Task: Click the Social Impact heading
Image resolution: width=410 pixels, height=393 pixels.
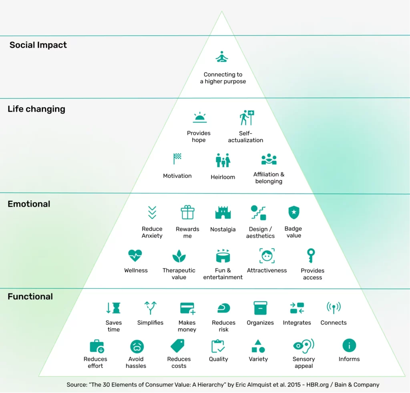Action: (38, 45)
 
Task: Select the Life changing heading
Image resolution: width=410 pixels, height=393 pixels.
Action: (36, 109)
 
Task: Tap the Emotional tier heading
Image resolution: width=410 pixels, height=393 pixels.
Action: (29, 204)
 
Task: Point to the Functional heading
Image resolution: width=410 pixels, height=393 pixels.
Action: (30, 297)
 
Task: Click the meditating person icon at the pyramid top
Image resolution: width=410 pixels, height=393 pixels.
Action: (222, 57)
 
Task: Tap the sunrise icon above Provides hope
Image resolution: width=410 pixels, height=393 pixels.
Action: (200, 117)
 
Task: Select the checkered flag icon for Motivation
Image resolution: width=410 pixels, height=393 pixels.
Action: (177, 158)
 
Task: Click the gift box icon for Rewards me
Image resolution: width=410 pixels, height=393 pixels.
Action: (187, 212)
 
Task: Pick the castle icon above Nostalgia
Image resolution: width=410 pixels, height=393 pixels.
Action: (223, 213)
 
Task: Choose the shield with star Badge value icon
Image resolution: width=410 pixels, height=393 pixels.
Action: (294, 212)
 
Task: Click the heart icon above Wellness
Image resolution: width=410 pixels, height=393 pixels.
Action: (135, 256)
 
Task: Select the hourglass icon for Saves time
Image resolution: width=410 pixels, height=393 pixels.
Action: (113, 308)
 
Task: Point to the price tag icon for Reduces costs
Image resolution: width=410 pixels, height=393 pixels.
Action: (177, 346)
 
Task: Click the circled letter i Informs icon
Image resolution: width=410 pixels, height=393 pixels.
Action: (349, 345)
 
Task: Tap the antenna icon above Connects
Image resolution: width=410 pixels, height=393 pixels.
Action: (334, 307)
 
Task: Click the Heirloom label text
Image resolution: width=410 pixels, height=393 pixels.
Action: (223, 177)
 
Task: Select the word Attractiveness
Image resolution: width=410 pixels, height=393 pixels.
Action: (267, 271)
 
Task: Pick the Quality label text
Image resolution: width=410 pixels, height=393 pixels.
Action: (218, 359)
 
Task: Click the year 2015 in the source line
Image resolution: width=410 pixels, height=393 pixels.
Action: (294, 385)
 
